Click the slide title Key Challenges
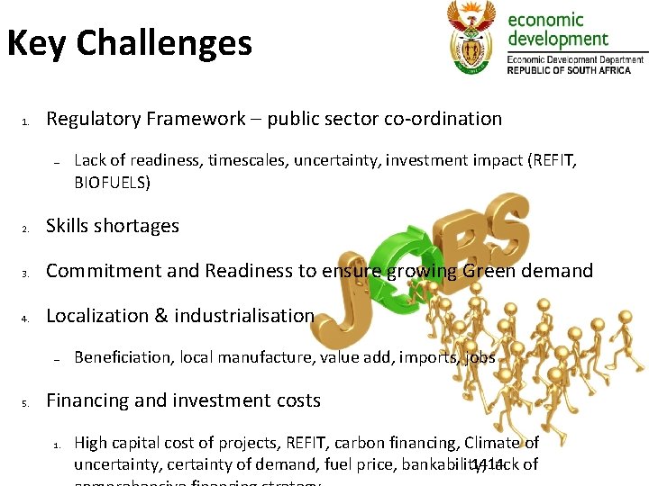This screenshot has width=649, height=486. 130,43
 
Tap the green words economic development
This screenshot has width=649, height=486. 558,30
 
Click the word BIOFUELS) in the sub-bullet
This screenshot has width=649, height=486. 113,183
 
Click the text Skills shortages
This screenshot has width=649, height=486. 113,226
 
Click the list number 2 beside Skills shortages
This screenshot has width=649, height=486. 28,228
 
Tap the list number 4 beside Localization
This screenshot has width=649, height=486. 28,318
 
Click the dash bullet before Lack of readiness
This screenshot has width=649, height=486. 56,162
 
